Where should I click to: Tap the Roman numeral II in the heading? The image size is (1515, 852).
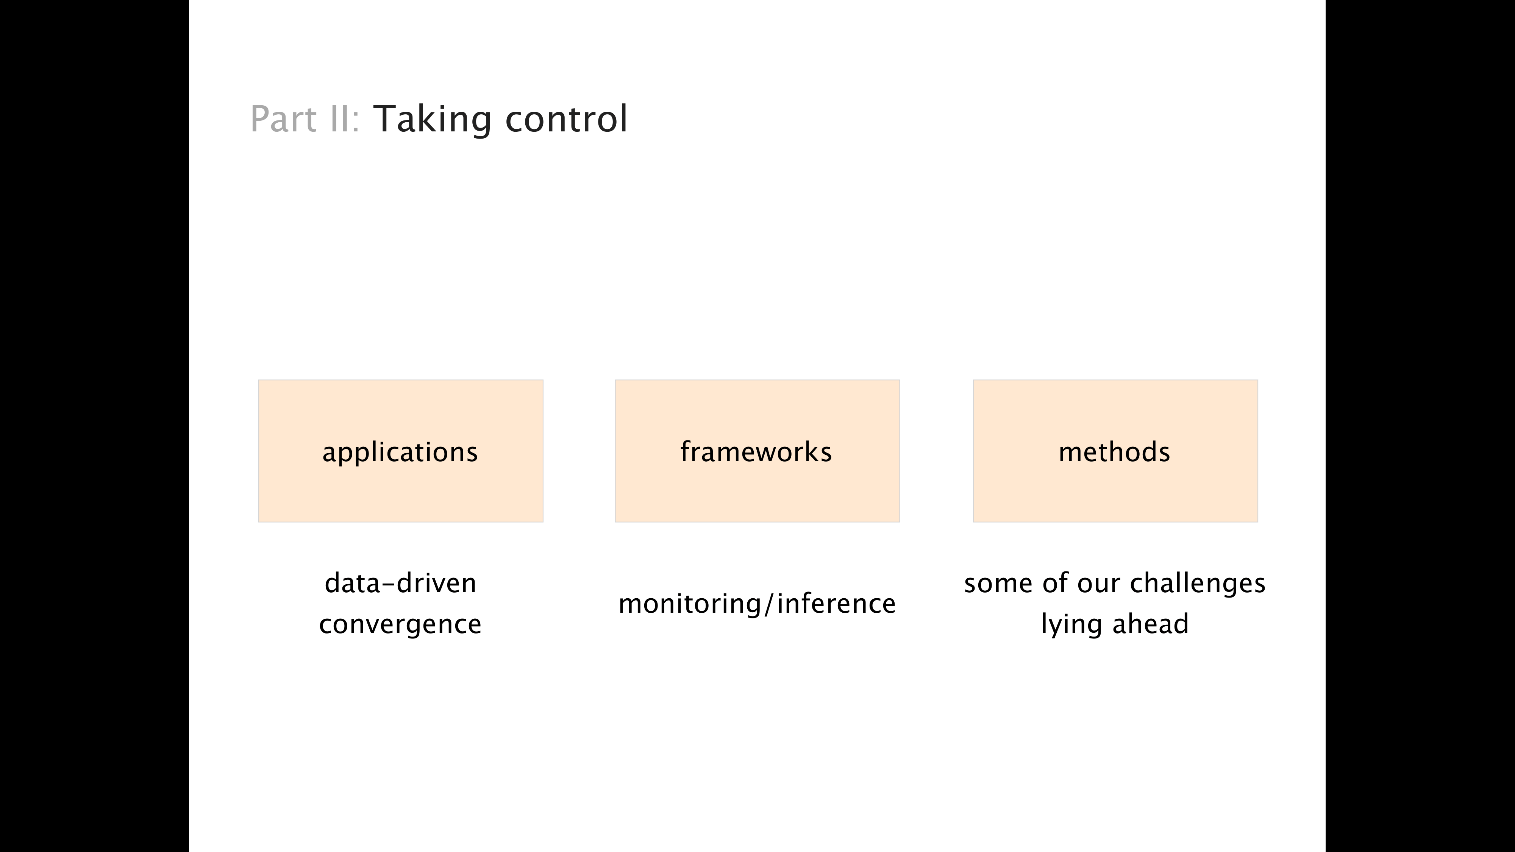click(339, 119)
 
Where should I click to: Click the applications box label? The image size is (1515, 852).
click(400, 452)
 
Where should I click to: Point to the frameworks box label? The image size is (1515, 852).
click(756, 452)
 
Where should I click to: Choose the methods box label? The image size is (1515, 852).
click(1115, 452)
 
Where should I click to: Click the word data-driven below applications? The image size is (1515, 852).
click(400, 583)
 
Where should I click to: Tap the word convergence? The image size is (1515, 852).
click(400, 624)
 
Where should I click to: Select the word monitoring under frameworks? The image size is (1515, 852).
click(690, 604)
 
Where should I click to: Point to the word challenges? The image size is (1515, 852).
click(1197, 583)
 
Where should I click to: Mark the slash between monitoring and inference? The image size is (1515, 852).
click(770, 604)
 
